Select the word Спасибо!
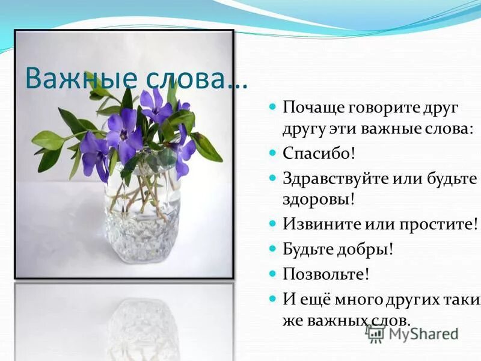319,152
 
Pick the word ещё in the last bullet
312,299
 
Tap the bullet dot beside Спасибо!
272,151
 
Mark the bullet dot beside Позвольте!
272,273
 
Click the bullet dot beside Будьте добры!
272,247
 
